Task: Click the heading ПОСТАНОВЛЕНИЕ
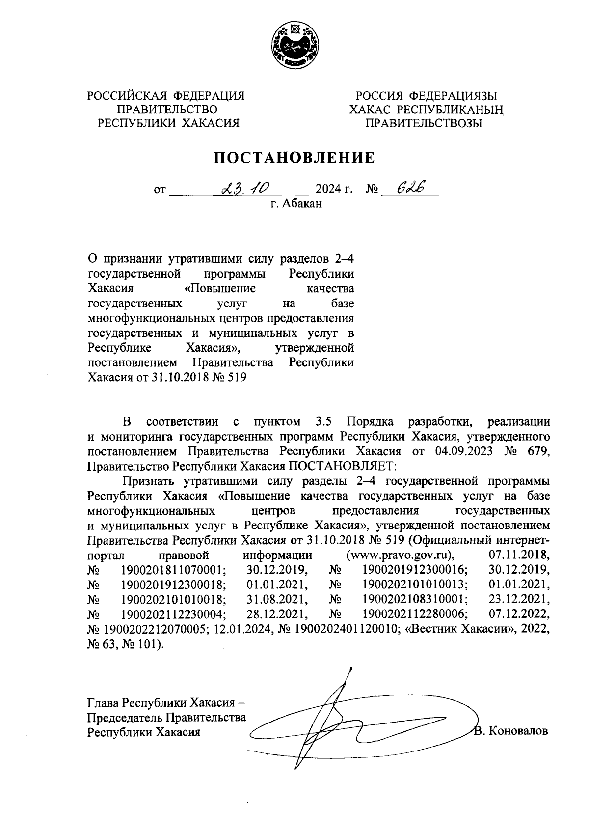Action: pos(294,158)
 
